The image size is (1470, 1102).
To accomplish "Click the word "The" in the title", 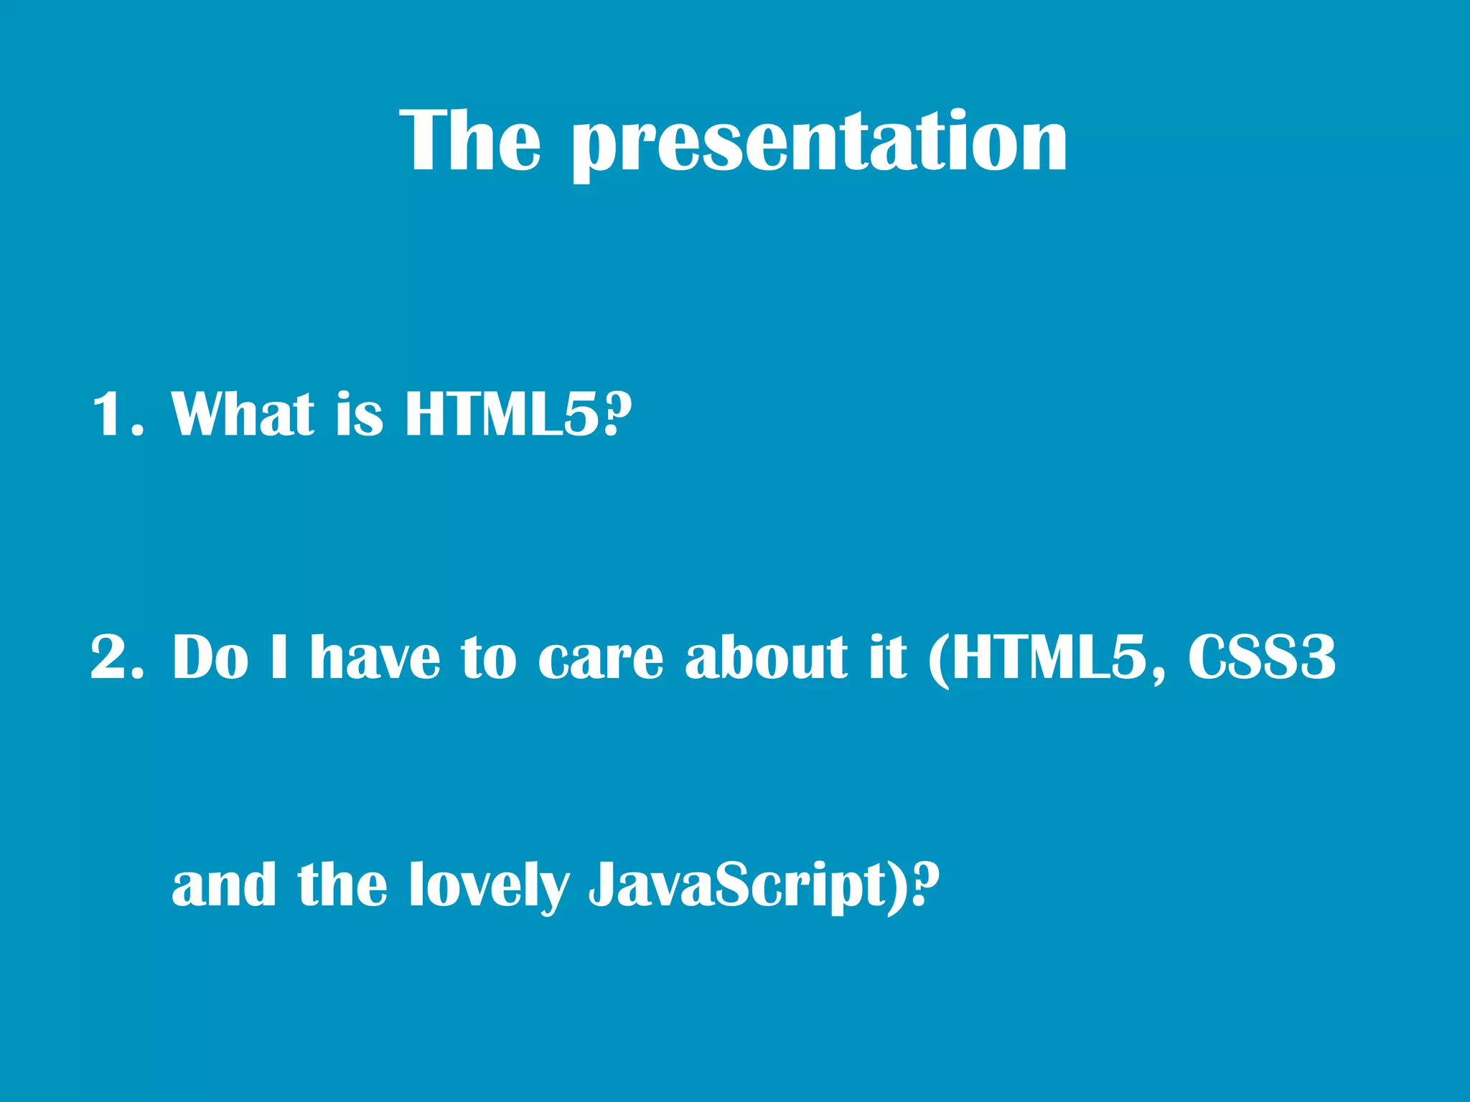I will point(470,141).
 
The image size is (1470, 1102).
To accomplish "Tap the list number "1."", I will point(118,414).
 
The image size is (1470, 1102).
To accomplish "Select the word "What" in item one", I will point(243,414).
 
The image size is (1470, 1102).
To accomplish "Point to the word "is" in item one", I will point(360,416).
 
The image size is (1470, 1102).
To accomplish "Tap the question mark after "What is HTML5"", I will point(617,414).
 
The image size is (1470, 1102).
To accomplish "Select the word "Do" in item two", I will point(210,657).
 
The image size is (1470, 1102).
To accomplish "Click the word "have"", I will point(375,657).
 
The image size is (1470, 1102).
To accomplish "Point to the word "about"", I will point(767,657).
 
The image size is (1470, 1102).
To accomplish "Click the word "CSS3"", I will point(1261,657).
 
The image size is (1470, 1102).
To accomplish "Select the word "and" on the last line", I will point(224,885).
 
